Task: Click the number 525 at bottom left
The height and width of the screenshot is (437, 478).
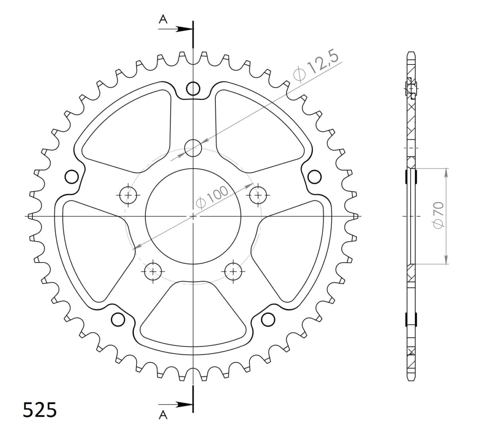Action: pyautogui.click(x=39, y=410)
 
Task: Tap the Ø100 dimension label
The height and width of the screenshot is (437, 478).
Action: pyautogui.click(x=213, y=196)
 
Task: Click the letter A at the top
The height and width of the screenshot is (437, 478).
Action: pyautogui.click(x=163, y=19)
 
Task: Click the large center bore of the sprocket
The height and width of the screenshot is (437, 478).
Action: pyautogui.click(x=193, y=216)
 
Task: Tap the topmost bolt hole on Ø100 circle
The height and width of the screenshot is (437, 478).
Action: pyautogui.click(x=193, y=148)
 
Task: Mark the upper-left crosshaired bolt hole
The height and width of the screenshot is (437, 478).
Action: pyautogui.click(x=128, y=195)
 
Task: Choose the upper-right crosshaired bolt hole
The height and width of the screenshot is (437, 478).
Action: pyautogui.click(x=258, y=195)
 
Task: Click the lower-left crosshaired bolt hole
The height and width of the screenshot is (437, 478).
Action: pyautogui.click(x=153, y=272)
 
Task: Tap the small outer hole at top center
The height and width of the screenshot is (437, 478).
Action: pyautogui.click(x=193, y=88)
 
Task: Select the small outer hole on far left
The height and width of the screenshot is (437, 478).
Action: pyautogui.click(x=71, y=176)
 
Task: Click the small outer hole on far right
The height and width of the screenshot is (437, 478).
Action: pyautogui.click(x=315, y=176)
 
